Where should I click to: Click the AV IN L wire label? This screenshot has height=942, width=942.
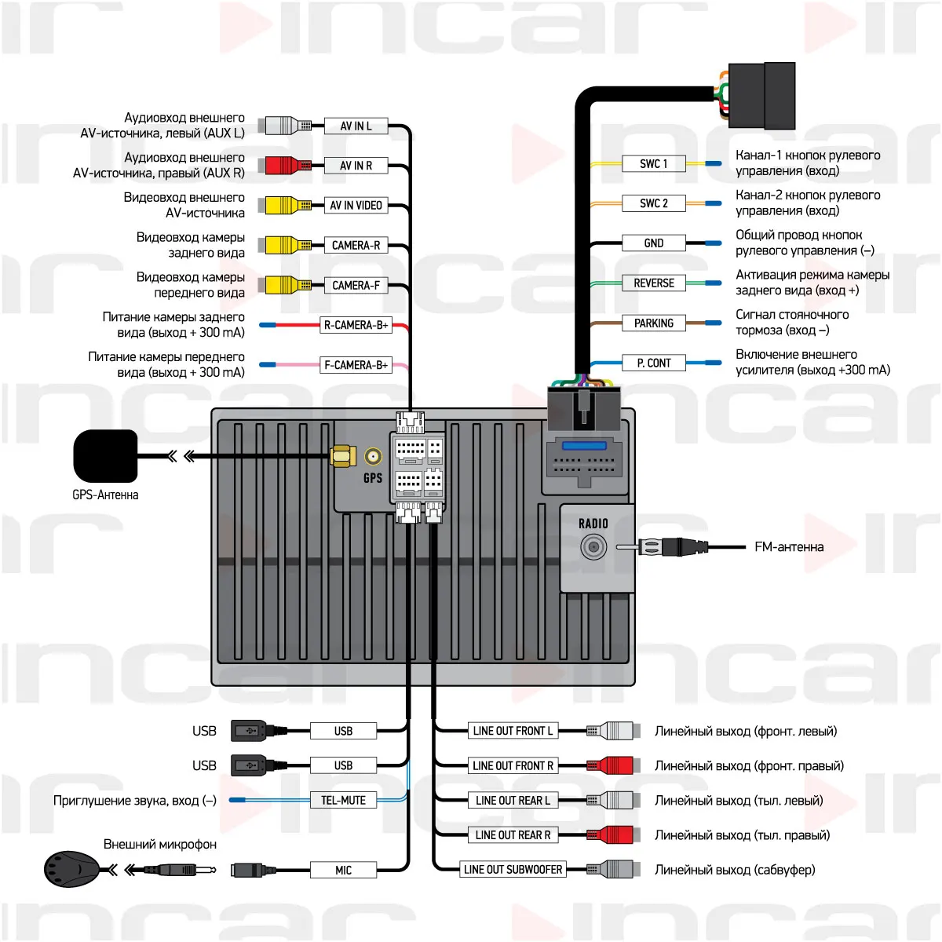coord(356,126)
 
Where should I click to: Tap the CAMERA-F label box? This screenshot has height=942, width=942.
coord(356,285)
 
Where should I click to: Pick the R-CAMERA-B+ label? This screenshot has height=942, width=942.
coord(356,325)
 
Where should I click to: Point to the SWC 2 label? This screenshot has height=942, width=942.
coord(653,203)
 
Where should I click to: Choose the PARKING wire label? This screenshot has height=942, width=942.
coord(653,323)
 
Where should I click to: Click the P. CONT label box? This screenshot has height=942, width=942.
coord(653,363)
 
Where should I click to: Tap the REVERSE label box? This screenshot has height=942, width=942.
coord(653,283)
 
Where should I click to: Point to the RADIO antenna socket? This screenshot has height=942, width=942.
coord(593,547)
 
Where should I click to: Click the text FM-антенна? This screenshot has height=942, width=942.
coord(788,547)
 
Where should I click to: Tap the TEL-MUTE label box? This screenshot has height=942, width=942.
coord(343,801)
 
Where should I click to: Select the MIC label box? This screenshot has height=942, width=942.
coord(343,870)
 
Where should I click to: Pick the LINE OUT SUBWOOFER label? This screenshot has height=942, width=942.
coord(513,870)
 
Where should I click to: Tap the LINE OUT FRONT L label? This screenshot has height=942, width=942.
coord(513,731)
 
